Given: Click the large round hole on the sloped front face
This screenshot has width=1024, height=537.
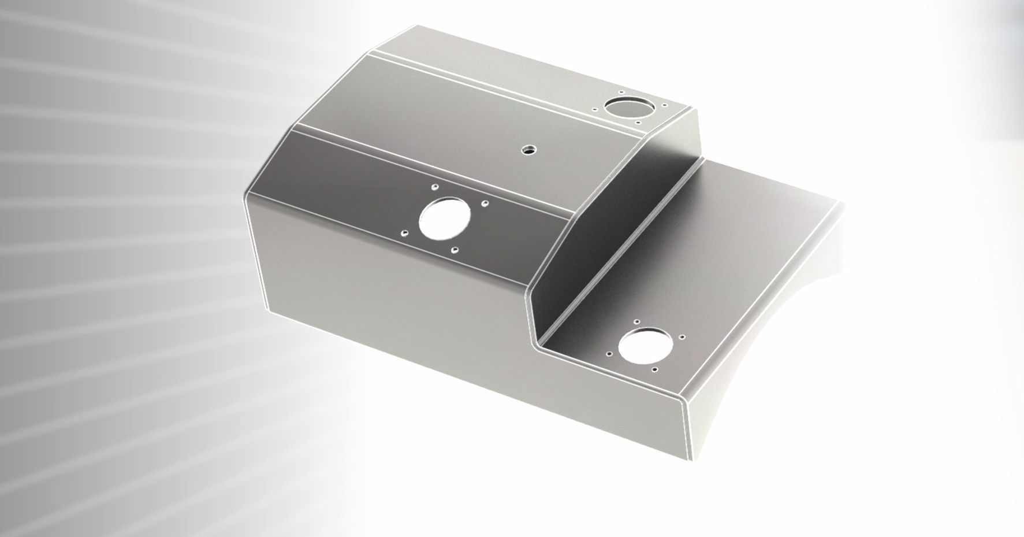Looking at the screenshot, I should click(x=445, y=219).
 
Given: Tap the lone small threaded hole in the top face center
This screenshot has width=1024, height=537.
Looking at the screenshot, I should click(x=527, y=150).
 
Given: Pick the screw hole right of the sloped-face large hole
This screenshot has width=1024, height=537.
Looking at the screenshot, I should click(x=485, y=203).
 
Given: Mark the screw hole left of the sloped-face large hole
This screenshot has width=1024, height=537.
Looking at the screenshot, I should click(x=405, y=234).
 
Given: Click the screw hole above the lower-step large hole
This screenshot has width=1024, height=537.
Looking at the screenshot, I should click(x=636, y=321).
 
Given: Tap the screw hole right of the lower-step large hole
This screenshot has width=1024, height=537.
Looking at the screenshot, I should click(x=682, y=336).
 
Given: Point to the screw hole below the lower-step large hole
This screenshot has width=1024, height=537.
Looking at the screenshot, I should click(x=654, y=369).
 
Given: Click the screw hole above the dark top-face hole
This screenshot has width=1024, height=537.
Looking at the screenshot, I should click(x=620, y=92).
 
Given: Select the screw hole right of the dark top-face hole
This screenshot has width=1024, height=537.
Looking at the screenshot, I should click(x=664, y=106).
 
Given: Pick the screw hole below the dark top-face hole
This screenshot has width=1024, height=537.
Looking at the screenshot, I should click(x=638, y=122).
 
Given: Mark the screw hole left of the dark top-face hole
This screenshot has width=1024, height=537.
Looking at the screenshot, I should click(x=595, y=108).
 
